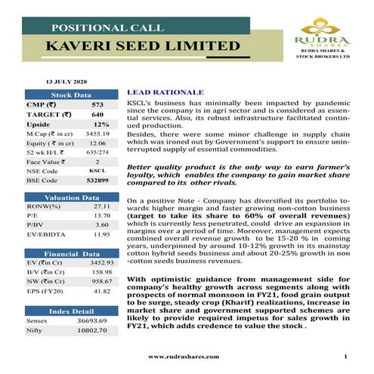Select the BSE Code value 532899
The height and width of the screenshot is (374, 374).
[x=97, y=181]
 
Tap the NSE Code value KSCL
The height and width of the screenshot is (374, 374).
[x=97, y=172]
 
